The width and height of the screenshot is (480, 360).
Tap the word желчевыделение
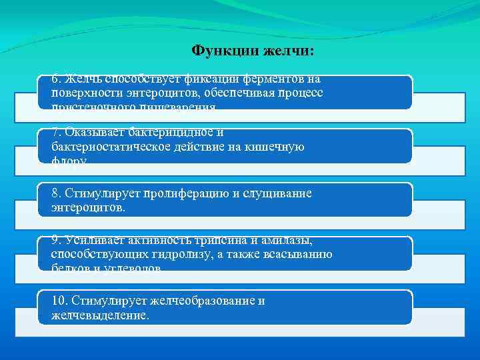99,315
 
